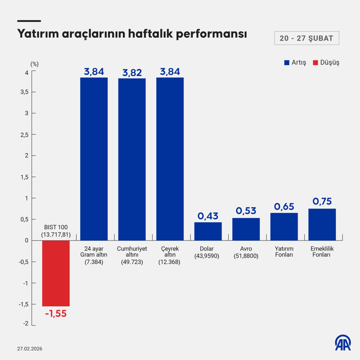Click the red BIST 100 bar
tap(56, 273)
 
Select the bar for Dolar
tap(208, 231)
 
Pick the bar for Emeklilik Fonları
tap(322, 224)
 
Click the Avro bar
tap(246, 229)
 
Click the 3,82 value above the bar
tap(132, 72)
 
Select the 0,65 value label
tap(284, 206)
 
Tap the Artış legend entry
tap(295, 62)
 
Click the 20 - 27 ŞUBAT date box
tap(306, 38)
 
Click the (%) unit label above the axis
tap(35, 64)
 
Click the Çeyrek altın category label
tap(170, 255)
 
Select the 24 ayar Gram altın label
tap(94, 255)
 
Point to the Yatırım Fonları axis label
tap(284, 252)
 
